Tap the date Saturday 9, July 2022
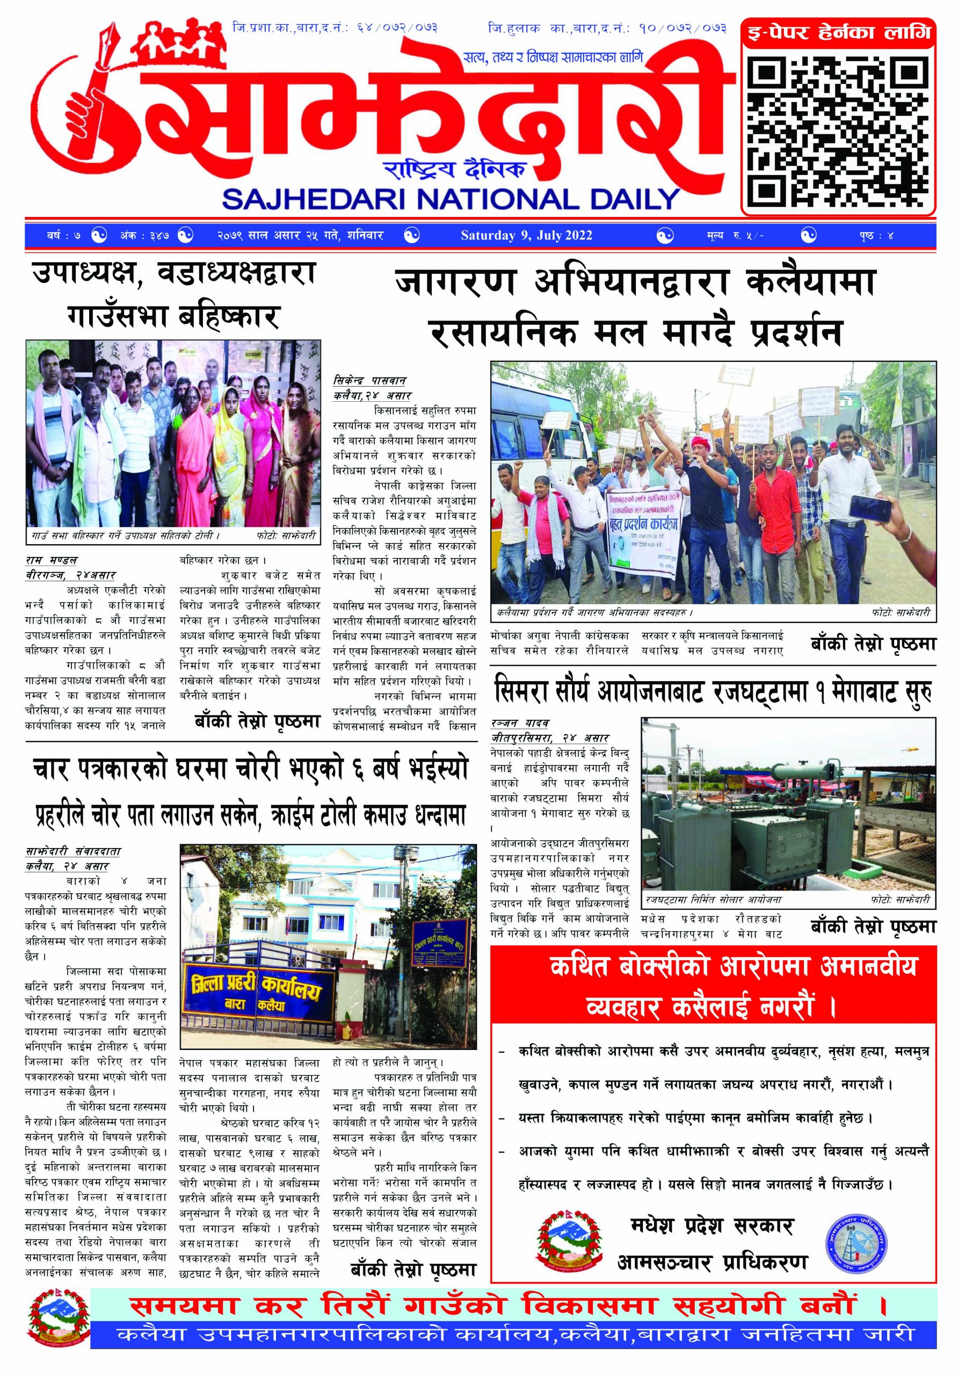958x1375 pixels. (x=526, y=235)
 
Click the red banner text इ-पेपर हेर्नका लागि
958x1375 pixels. (x=838, y=32)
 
